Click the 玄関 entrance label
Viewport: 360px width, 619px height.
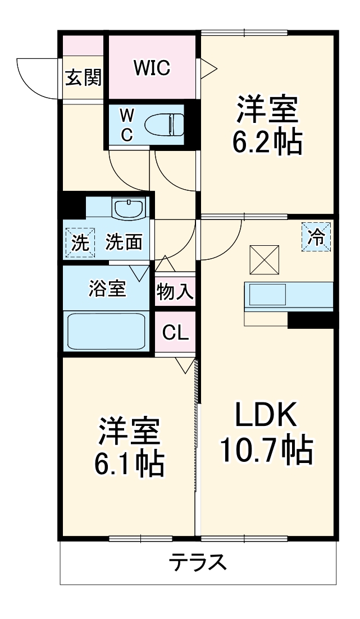(x=83, y=78)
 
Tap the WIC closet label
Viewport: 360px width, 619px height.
(x=152, y=68)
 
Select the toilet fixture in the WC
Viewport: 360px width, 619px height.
(x=164, y=123)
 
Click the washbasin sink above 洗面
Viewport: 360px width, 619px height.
(x=129, y=209)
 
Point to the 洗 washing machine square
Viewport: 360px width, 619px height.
(x=80, y=242)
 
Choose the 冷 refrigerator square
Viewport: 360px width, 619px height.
(x=317, y=236)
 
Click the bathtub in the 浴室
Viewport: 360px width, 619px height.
(x=107, y=332)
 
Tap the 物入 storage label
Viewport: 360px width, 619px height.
(x=175, y=292)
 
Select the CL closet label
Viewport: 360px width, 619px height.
(x=175, y=333)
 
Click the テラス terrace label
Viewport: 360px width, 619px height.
(x=198, y=562)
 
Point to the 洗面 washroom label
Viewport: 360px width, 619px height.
(x=124, y=242)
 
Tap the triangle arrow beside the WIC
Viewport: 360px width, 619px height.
(x=209, y=69)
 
